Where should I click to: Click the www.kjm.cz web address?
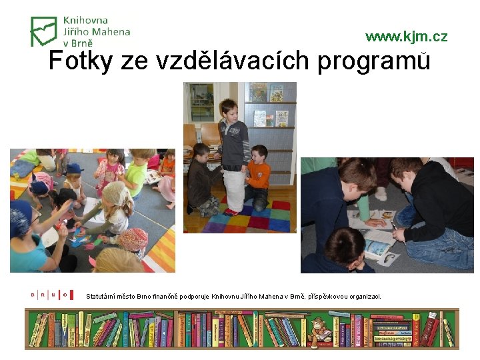coord(406,37)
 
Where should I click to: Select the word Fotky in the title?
coord(82,61)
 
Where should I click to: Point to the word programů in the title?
coord(374,61)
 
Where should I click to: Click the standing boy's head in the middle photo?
coord(229,109)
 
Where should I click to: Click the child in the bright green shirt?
coord(137,172)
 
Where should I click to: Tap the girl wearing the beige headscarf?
coord(116,203)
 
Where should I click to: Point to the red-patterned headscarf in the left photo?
coord(133,238)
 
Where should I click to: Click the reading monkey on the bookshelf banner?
coord(321,329)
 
